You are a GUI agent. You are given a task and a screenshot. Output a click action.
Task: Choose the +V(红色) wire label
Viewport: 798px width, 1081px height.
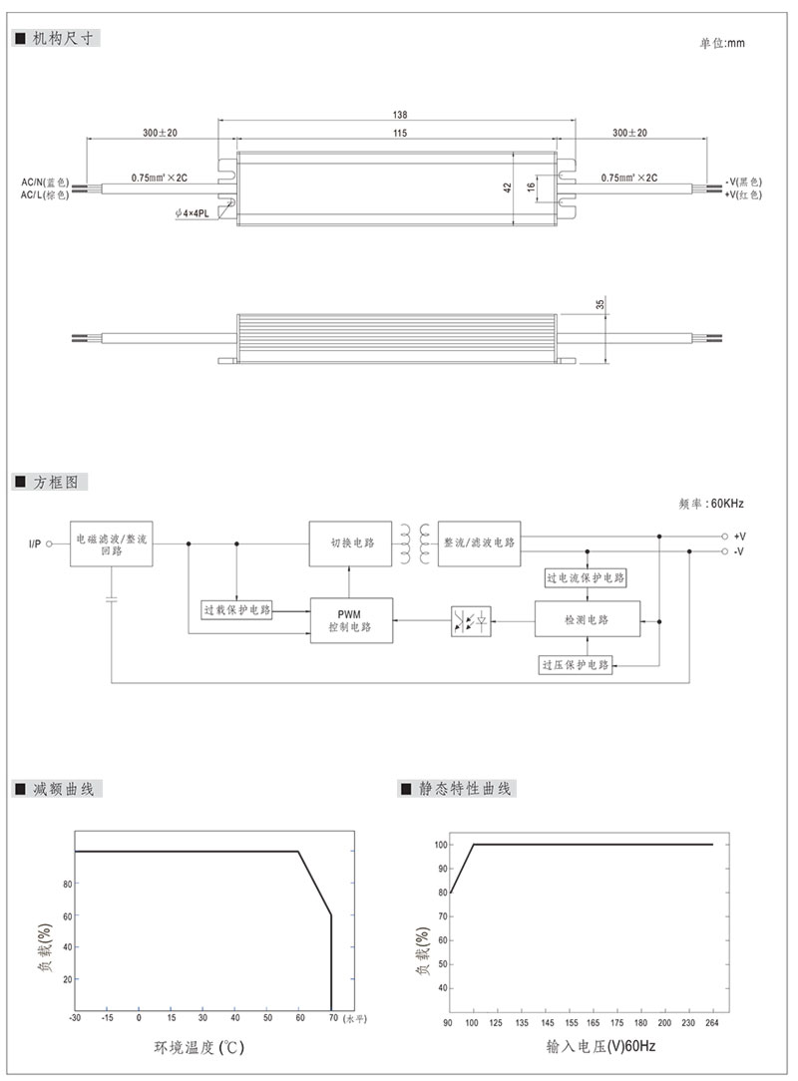(745, 195)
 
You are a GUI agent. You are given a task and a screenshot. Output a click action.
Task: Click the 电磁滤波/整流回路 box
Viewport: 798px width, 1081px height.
(111, 543)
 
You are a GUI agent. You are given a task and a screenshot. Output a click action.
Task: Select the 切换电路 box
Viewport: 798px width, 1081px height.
(351, 543)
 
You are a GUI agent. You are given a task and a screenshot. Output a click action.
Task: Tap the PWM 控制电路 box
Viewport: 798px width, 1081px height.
(350, 620)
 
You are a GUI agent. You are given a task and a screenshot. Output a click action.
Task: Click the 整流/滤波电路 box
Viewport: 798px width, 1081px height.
(479, 543)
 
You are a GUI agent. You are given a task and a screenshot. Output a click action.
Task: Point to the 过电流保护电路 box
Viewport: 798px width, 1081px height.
(588, 578)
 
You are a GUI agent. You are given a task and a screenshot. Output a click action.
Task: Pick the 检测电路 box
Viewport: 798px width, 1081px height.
(587, 620)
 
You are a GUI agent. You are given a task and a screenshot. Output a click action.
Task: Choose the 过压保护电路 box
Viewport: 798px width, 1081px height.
(576, 664)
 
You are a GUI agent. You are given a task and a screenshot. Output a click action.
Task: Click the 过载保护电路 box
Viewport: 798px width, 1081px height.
(236, 609)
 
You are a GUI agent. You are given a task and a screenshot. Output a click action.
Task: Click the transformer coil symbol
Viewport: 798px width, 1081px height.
(415, 543)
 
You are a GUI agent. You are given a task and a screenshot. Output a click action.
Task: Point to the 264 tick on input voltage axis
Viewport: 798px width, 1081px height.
(711, 1023)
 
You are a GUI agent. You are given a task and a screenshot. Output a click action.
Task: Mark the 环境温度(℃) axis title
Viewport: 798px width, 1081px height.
(199, 1048)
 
